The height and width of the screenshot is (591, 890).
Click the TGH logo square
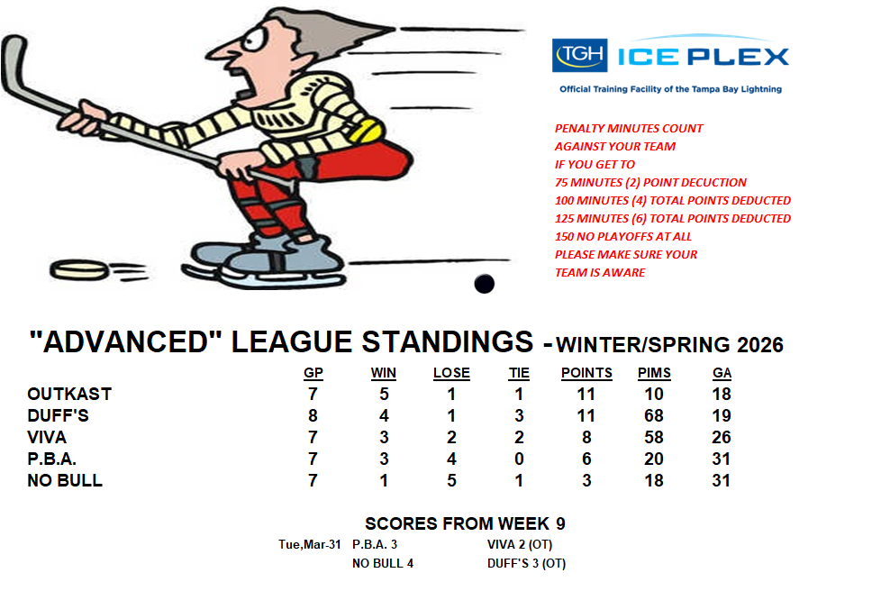[x=579, y=55]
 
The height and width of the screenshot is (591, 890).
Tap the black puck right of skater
[x=484, y=283]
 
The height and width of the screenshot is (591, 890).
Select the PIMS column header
[x=654, y=373]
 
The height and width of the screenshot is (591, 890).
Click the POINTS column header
[x=586, y=373]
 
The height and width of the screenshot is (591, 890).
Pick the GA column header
[x=722, y=373]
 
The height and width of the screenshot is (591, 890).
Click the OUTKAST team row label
[x=69, y=394]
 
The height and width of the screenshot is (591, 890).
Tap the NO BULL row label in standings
[x=65, y=480]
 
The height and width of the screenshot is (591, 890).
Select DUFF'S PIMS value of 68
[x=654, y=415]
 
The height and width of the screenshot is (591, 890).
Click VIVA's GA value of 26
[x=722, y=437]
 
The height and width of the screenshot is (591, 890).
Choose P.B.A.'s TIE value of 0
[x=519, y=459]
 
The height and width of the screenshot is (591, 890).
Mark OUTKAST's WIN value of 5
[x=384, y=394]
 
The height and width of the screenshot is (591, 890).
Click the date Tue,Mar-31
[x=309, y=544]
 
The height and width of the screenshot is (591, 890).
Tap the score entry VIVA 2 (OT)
[x=520, y=544]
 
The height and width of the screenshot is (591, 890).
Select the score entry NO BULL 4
[x=383, y=563]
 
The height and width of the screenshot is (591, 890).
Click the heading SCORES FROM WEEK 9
[x=465, y=523]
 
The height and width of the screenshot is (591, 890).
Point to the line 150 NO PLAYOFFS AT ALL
[x=623, y=236]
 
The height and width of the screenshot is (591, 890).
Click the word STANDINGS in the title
[x=448, y=341]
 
